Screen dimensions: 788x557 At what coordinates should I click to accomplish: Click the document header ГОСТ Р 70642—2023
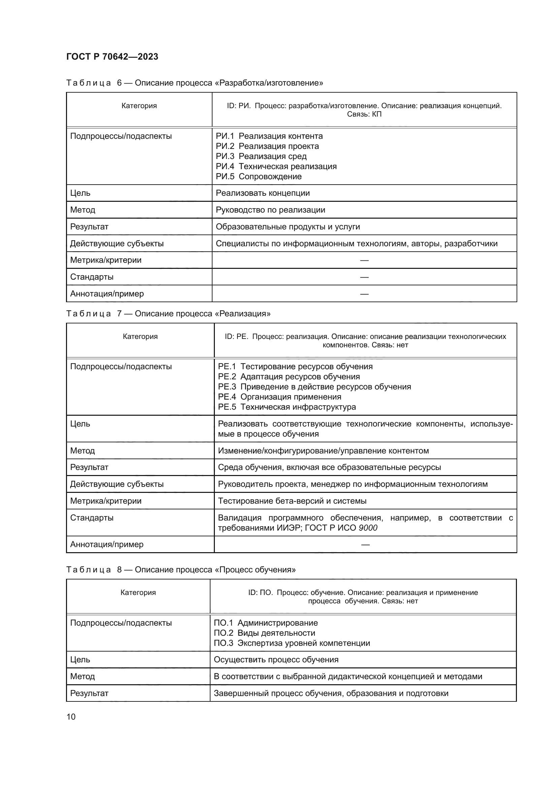click(112, 57)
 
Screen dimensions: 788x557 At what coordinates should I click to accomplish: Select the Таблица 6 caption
click(194, 83)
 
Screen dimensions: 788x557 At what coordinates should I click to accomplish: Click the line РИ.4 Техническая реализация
click(276, 166)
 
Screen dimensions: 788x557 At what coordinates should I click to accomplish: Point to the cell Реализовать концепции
click(263, 193)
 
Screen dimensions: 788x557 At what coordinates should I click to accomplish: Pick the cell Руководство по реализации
click(270, 210)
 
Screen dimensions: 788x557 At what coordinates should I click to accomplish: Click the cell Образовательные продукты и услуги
click(288, 226)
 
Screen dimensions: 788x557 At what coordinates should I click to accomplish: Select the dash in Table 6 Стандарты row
click(364, 277)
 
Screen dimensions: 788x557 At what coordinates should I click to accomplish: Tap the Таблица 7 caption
click(168, 313)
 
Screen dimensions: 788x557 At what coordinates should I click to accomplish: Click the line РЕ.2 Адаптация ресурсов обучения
click(289, 377)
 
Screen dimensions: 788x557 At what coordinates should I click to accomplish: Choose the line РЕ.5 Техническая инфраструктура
click(287, 407)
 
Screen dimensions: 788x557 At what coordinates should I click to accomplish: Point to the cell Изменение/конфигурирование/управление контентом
click(323, 451)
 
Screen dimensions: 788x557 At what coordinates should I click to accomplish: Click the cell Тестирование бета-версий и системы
click(292, 501)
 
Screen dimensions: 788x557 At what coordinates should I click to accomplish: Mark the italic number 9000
click(368, 528)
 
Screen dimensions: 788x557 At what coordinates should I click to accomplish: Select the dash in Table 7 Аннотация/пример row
click(365, 545)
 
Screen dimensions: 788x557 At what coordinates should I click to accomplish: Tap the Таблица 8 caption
click(181, 570)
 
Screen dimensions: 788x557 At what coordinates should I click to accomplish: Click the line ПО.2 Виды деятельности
click(264, 633)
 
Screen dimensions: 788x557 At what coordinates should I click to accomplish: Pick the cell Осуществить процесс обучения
click(276, 660)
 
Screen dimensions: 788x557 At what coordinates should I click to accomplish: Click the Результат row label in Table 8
click(89, 693)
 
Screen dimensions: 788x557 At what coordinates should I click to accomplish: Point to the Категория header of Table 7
click(140, 336)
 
